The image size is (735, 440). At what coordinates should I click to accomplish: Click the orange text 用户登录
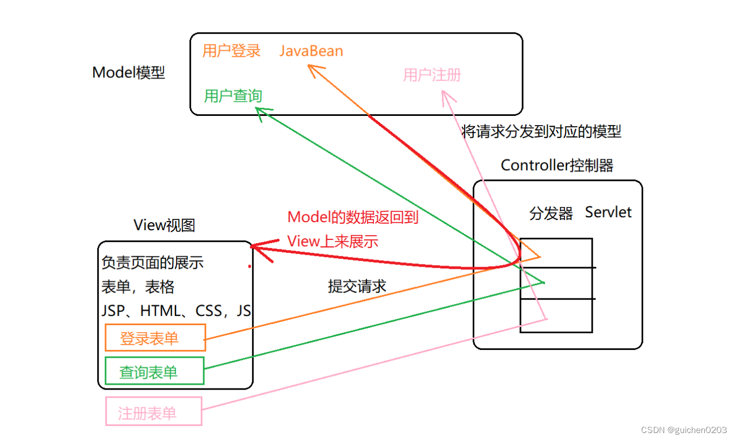[231, 51]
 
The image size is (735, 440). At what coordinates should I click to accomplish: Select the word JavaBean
[311, 51]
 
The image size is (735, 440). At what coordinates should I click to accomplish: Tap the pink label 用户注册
[432, 75]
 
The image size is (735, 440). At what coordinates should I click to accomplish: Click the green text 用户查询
[233, 96]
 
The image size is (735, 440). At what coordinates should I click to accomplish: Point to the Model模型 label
[129, 72]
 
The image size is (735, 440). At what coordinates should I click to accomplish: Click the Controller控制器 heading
[557, 165]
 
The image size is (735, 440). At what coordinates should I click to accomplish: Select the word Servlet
[608, 212]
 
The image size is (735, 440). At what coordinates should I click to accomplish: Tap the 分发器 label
[551, 213]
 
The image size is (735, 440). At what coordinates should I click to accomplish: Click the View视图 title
[164, 225]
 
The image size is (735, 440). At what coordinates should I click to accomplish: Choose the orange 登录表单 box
[155, 338]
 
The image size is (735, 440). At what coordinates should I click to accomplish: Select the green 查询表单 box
[155, 371]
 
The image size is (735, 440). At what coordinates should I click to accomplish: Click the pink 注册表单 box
[154, 412]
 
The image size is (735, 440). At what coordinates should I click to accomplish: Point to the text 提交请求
[357, 286]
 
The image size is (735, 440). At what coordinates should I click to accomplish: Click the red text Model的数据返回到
[352, 217]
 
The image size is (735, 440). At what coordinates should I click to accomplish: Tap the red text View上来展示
[333, 241]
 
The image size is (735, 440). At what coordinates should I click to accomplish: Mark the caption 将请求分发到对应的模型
[541, 131]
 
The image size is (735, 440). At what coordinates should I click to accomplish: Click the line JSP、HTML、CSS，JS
[176, 311]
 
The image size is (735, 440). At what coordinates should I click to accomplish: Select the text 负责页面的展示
[152, 263]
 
